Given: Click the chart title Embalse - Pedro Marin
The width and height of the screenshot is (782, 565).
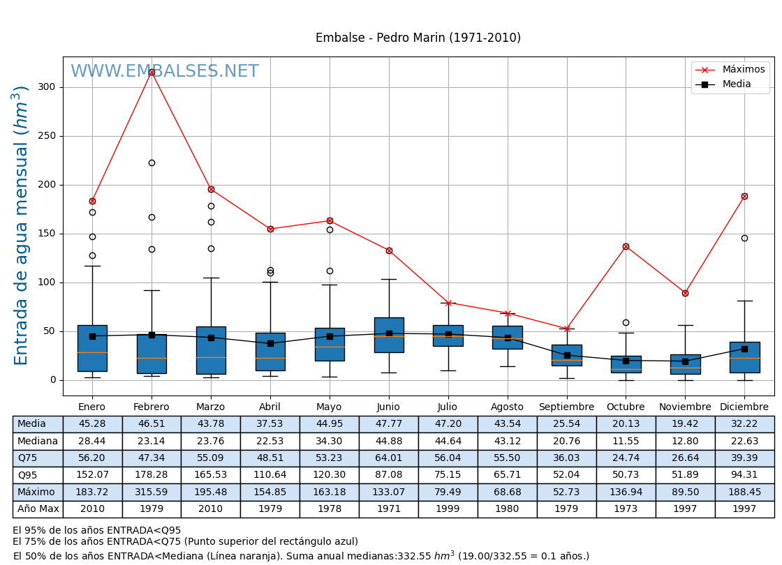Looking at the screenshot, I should (418, 38).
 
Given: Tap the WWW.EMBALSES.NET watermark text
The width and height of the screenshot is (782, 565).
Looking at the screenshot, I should (165, 72).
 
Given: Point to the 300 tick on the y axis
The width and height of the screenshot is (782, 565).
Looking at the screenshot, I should (47, 87).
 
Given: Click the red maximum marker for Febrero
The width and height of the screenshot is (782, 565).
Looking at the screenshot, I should (152, 72).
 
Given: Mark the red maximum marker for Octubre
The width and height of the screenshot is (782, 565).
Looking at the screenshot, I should (626, 246).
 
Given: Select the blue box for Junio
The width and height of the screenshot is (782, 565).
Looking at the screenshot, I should (389, 335).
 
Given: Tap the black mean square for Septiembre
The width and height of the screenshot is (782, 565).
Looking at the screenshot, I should (567, 355).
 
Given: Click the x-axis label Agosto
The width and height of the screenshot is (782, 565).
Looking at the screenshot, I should (507, 407).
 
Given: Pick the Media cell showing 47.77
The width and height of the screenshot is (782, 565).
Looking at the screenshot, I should (388, 424).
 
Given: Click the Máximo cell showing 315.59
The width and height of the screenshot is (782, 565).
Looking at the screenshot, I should (152, 492).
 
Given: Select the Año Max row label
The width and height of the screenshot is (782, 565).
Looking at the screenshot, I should (38, 509).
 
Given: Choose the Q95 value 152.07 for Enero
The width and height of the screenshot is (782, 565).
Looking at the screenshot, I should (92, 475).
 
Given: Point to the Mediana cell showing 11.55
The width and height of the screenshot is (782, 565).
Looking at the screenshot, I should (626, 441).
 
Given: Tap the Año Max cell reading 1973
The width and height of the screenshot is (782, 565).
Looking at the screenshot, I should (626, 509).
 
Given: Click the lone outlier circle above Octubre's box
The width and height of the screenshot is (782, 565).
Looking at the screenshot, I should (626, 322).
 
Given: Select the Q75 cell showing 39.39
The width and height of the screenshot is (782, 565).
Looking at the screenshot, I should (744, 458).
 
